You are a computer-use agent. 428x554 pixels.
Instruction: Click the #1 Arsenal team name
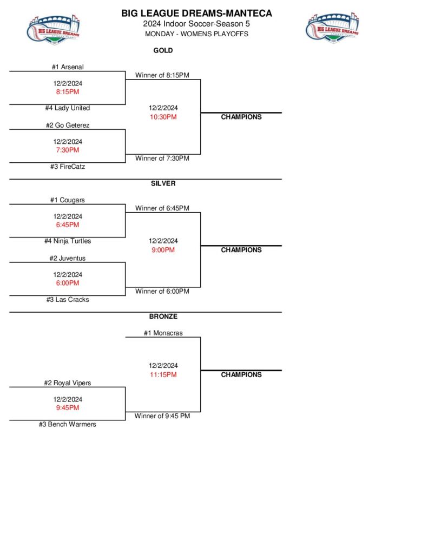pyautogui.click(x=68, y=67)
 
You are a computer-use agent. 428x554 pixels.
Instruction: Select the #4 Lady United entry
pyautogui.click(x=68, y=108)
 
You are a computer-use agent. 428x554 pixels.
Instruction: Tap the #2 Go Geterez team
pyautogui.click(x=68, y=126)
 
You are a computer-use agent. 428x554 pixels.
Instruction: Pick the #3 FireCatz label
pyautogui.click(x=68, y=167)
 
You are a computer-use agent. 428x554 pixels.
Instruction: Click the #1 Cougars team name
pyautogui.click(x=68, y=200)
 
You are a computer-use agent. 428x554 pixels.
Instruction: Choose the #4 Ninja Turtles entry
pyautogui.click(x=68, y=241)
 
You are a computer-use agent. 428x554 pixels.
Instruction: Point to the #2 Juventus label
pyautogui.click(x=68, y=259)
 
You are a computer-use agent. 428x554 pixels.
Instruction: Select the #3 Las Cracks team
pyautogui.click(x=68, y=300)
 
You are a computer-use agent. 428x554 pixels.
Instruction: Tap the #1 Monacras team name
pyautogui.click(x=163, y=333)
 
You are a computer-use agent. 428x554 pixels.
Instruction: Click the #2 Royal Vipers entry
pyautogui.click(x=68, y=383)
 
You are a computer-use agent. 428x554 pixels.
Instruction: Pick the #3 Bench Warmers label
pyautogui.click(x=68, y=425)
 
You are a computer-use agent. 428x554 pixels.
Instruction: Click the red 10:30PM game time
pyautogui.click(x=163, y=117)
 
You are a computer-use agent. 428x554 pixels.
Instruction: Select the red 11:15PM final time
pyautogui.click(x=163, y=374)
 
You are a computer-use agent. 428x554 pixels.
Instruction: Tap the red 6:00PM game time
pyautogui.click(x=68, y=283)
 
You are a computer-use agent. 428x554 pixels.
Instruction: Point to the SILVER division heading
pyautogui.click(x=163, y=183)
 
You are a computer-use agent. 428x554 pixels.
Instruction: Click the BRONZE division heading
pyautogui.click(x=163, y=316)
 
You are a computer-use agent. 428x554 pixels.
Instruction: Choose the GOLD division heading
pyautogui.click(x=163, y=50)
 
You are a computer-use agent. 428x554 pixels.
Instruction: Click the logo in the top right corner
pyautogui.click(x=332, y=27)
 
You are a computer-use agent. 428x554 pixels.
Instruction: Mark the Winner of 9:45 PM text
pyautogui.click(x=162, y=416)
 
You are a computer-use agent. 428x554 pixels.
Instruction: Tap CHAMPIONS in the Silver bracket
pyautogui.click(x=241, y=250)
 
